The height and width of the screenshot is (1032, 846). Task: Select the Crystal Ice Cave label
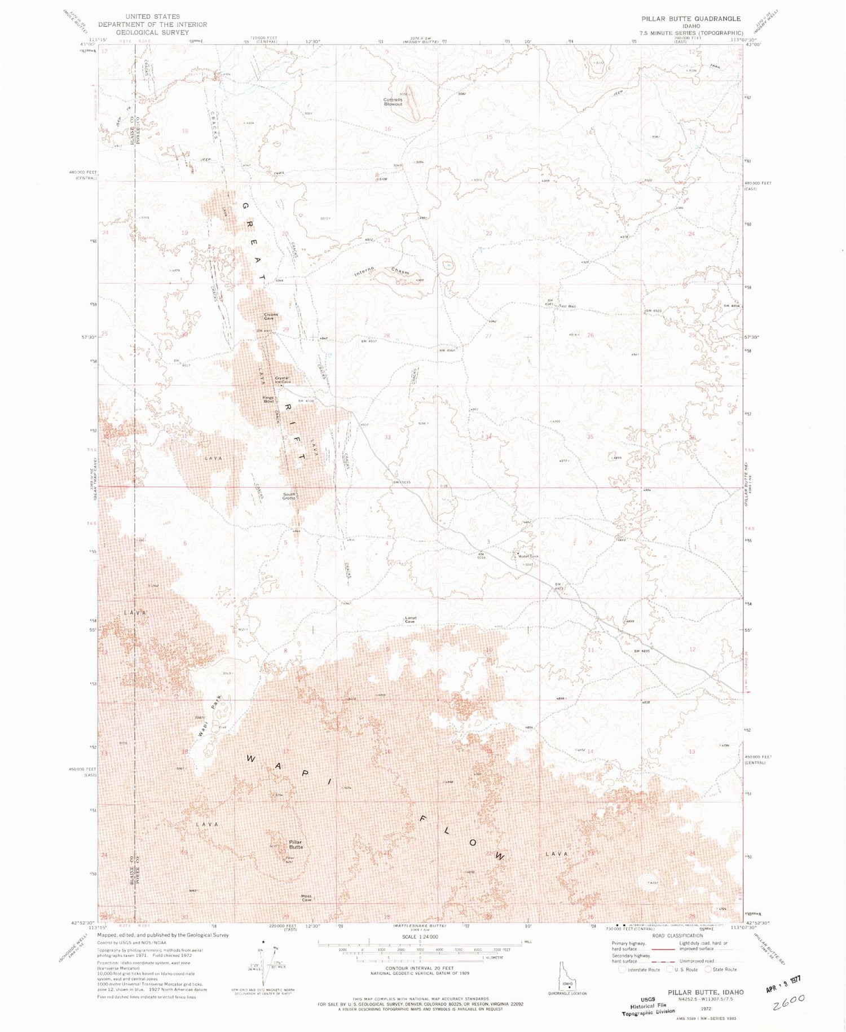point(282,380)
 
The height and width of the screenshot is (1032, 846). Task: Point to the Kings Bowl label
point(268,399)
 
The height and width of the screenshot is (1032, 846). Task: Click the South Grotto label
point(289,497)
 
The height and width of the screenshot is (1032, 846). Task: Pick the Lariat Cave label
point(411,620)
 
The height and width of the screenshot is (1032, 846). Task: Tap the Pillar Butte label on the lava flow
point(296,844)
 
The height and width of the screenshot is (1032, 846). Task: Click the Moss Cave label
point(306,898)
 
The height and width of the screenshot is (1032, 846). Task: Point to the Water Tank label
point(528,556)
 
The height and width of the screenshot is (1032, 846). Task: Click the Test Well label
point(567,306)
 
